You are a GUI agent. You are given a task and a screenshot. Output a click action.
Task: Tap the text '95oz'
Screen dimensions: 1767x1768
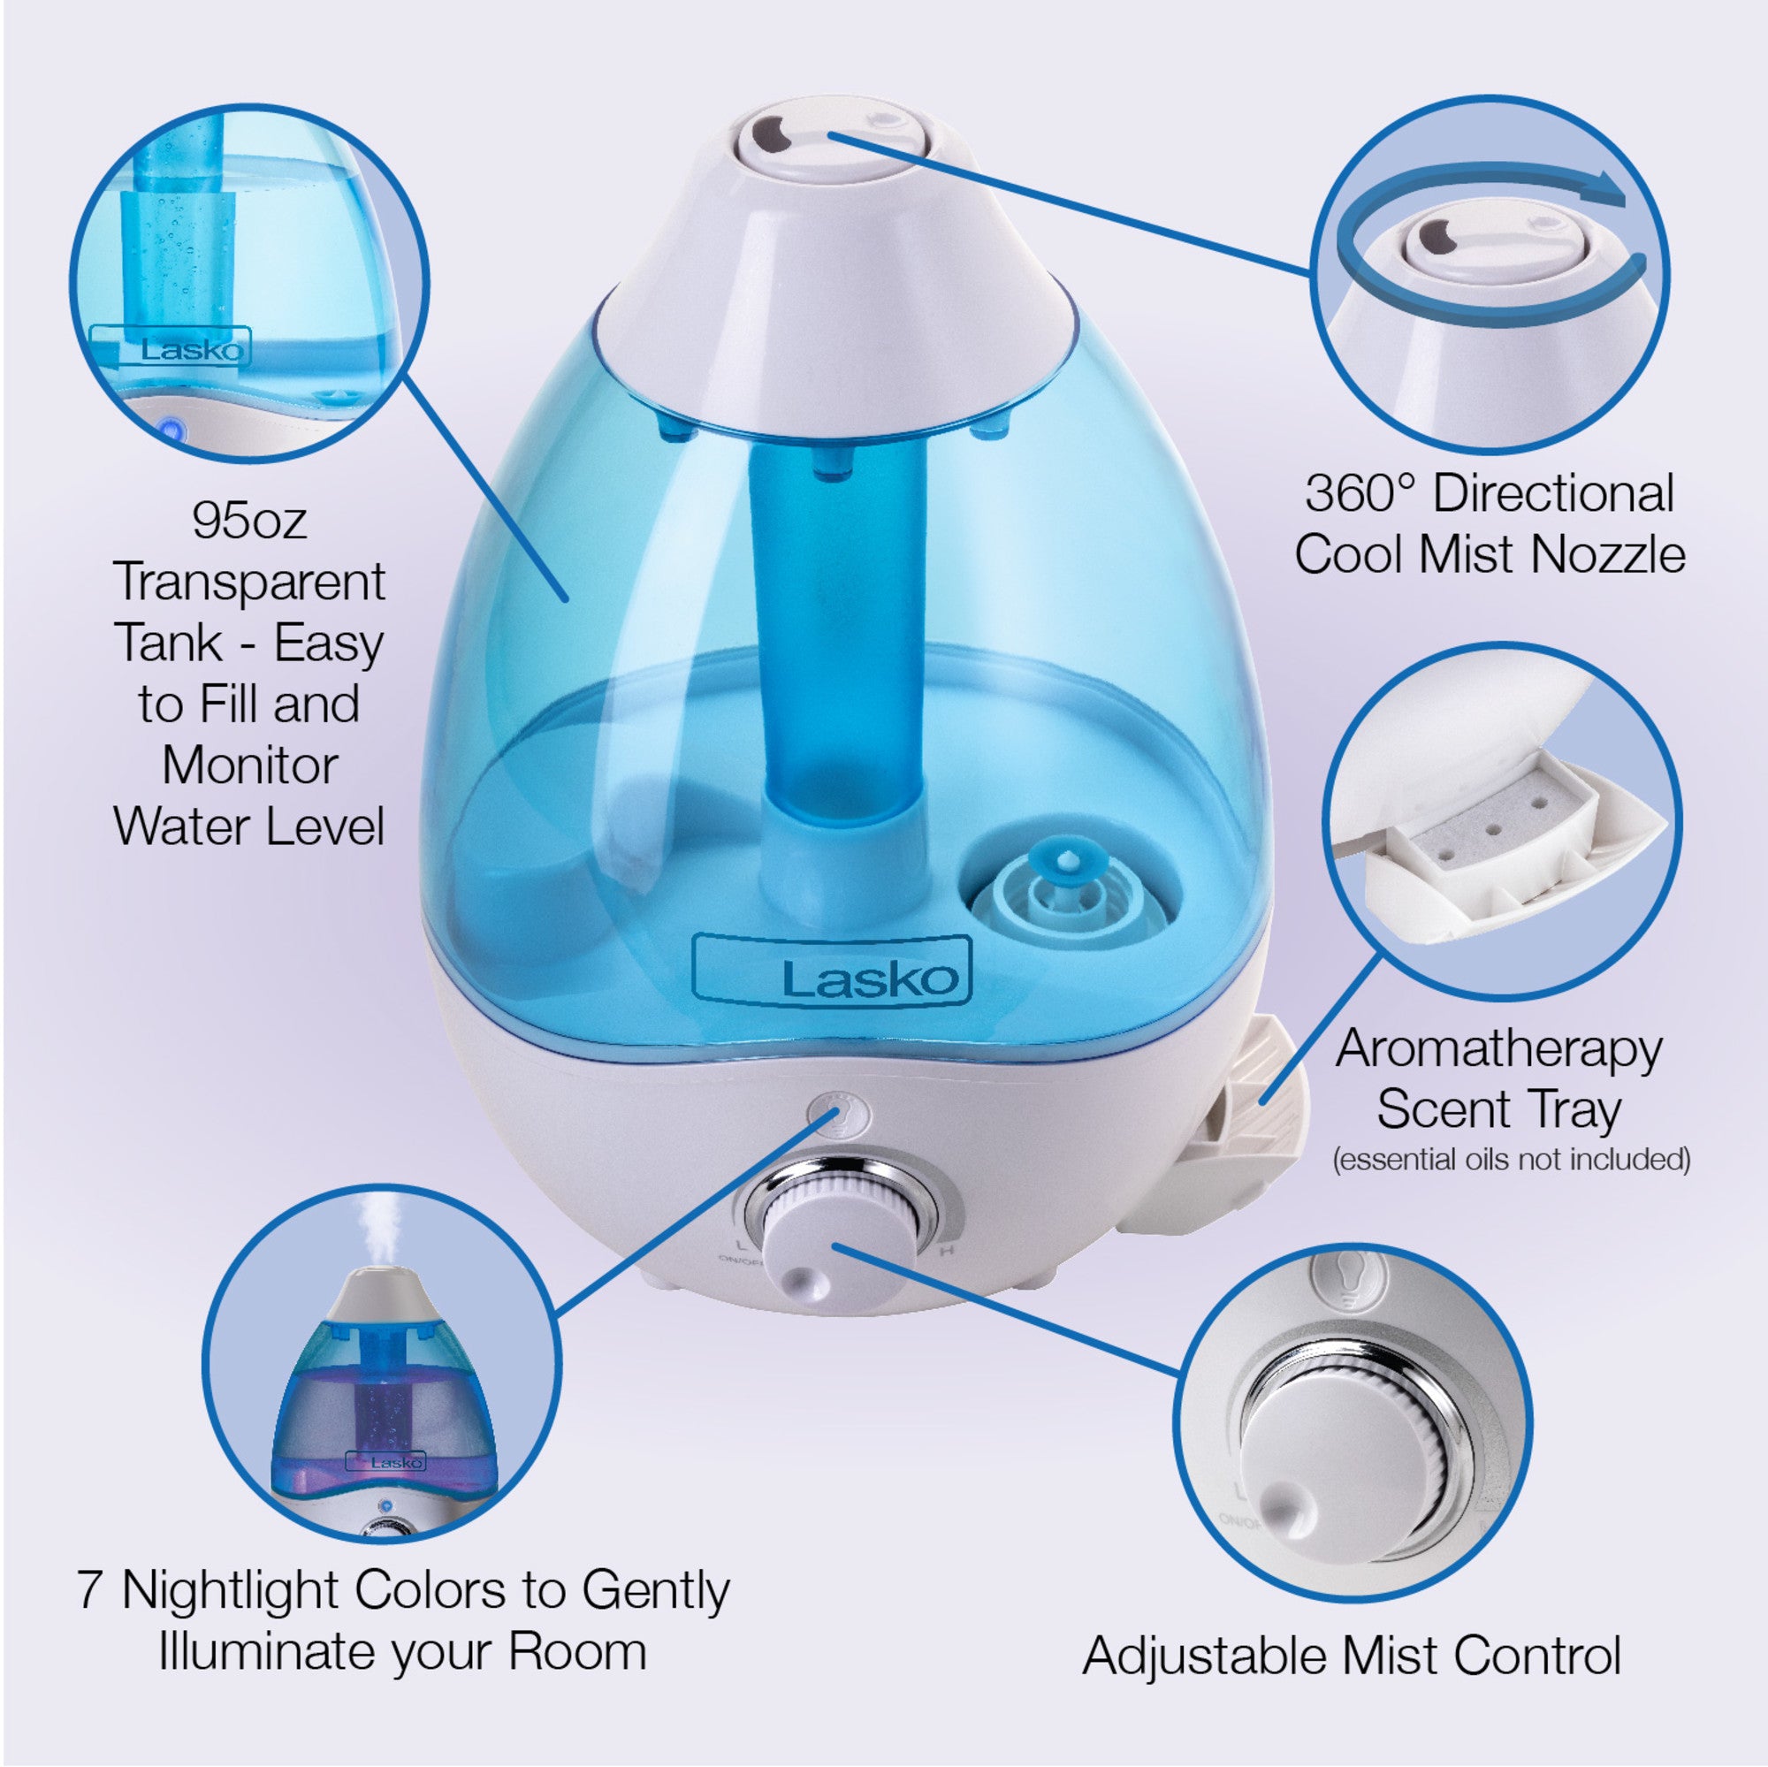point(249,521)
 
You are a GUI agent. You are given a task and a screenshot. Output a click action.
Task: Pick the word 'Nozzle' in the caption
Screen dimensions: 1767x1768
point(1607,554)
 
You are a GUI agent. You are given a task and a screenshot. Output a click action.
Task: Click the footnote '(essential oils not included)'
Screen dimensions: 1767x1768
point(1511,1160)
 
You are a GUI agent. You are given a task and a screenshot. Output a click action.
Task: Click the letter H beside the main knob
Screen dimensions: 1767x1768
point(948,1250)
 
